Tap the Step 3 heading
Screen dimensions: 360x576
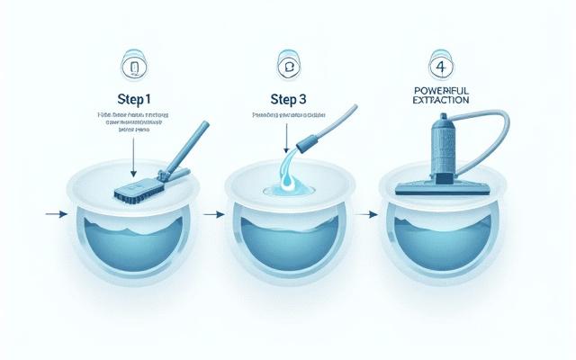tap(290, 98)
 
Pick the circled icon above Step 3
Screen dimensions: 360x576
tap(290, 68)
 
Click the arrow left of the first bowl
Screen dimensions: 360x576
tap(55, 215)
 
